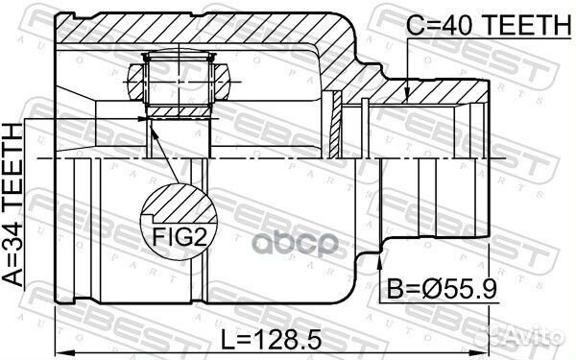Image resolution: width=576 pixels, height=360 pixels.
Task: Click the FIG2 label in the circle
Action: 180,237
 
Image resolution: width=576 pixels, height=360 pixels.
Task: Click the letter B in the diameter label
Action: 396,289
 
